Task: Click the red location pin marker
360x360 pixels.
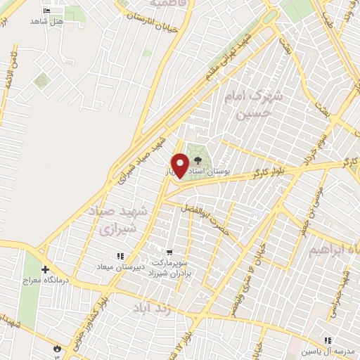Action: pos(181,165)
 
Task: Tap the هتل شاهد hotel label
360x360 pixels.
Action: pos(47,22)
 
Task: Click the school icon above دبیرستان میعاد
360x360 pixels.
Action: pos(120,256)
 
